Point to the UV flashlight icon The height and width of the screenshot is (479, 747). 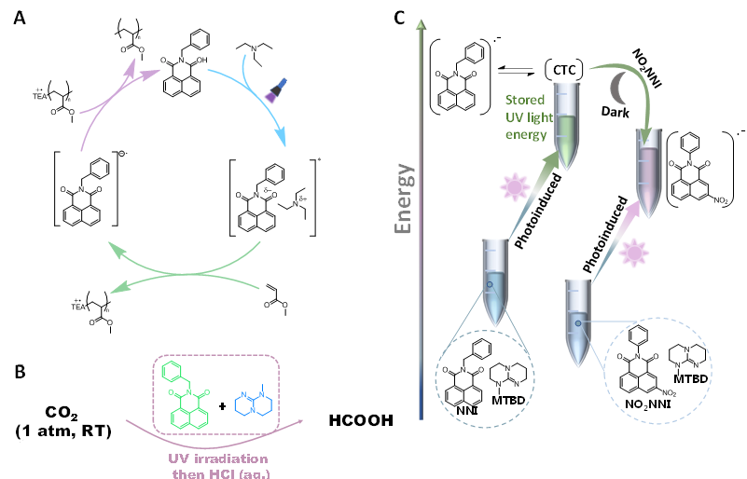[275, 90]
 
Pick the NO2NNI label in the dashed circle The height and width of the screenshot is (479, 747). [620, 405]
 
